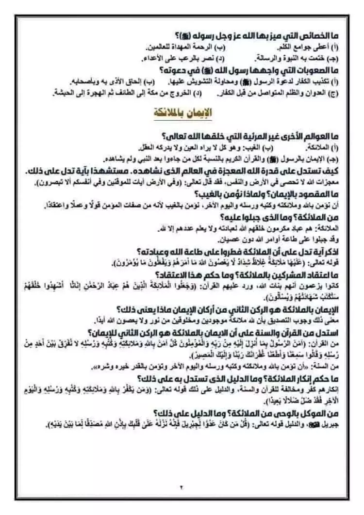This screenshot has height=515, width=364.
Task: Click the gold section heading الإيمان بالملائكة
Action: click(184, 113)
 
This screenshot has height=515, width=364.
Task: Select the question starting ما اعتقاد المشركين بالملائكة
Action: click(242, 274)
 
